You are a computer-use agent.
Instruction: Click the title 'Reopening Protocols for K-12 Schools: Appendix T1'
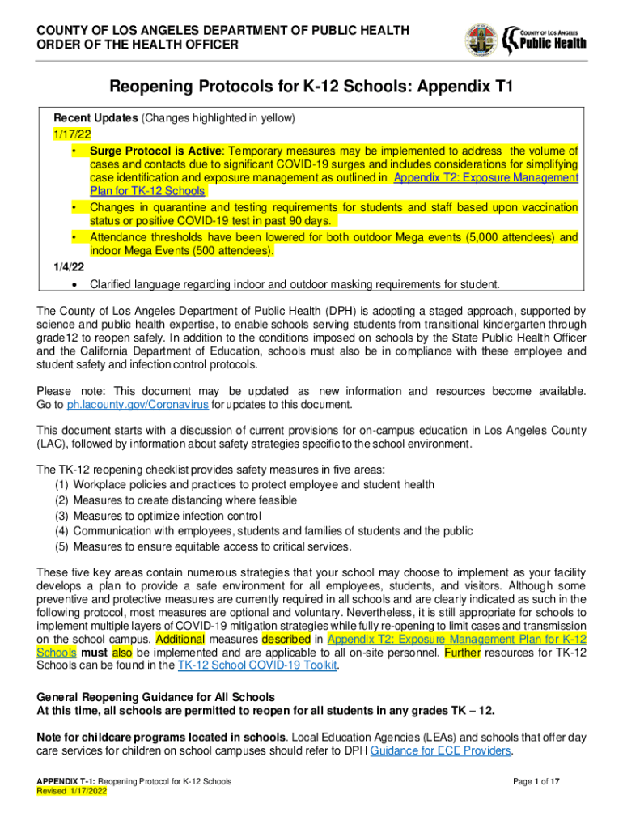(311, 87)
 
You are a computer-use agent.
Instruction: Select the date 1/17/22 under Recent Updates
(71, 134)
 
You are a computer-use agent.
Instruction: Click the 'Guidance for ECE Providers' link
(440, 751)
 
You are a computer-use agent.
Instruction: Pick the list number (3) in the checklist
(61, 516)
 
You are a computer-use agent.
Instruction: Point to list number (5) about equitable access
(61, 546)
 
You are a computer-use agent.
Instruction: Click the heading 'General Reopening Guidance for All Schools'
(156, 697)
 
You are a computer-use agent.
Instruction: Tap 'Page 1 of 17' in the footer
(549, 781)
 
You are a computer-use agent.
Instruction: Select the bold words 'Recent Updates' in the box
(95, 117)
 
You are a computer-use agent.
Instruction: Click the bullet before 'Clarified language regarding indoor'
(74, 284)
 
